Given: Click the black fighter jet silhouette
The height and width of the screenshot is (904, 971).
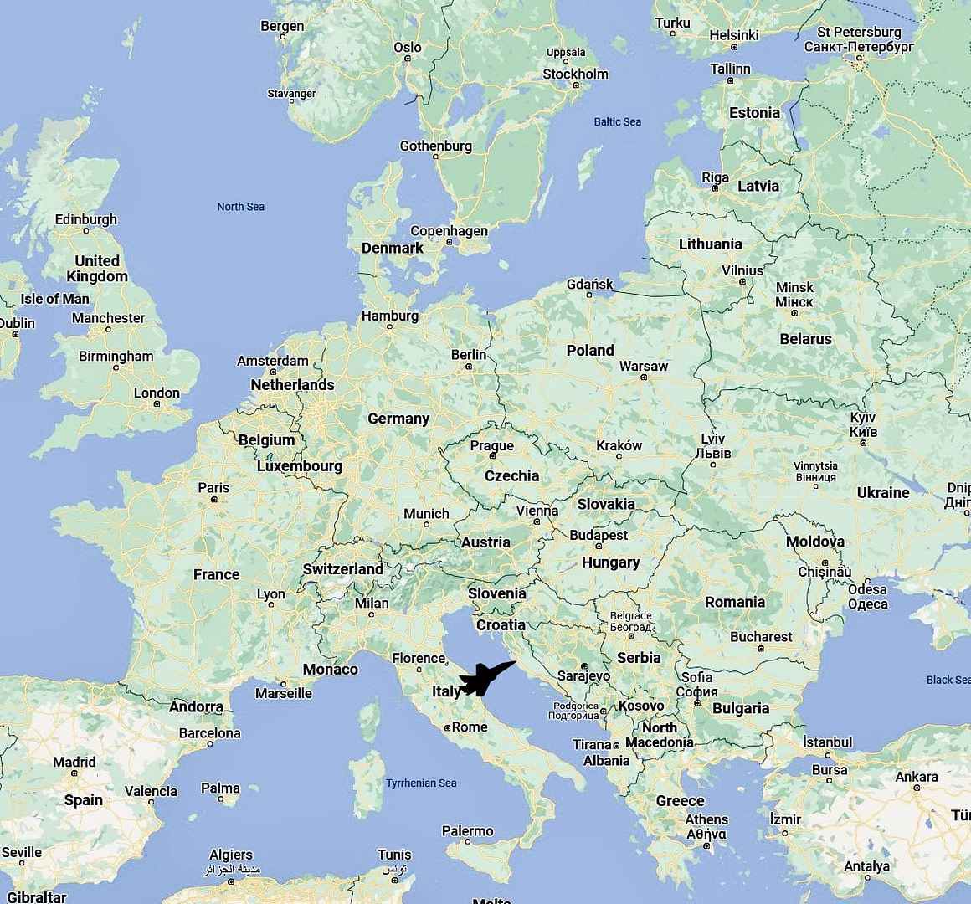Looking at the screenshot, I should click(485, 679).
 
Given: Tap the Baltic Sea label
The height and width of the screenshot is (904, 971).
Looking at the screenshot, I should click(617, 121).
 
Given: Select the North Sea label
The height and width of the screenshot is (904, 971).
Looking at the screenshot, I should click(240, 207).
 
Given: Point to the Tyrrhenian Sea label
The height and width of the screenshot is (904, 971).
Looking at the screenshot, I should click(421, 783).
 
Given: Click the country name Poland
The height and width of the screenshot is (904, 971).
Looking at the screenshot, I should click(590, 351).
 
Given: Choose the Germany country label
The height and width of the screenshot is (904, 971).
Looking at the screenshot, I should click(398, 419).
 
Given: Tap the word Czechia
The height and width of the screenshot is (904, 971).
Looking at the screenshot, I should click(511, 475).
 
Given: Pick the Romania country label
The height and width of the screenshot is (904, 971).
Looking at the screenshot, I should click(734, 602).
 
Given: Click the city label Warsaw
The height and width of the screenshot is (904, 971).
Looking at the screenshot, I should click(643, 367).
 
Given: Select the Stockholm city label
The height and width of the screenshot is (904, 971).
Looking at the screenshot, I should click(575, 74).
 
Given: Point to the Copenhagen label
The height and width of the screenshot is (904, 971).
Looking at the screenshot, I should click(449, 231).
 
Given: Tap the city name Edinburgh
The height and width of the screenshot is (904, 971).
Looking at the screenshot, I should click(85, 219).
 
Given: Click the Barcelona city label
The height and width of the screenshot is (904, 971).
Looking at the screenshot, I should click(209, 733).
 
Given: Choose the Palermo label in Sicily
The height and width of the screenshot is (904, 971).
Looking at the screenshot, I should click(467, 831).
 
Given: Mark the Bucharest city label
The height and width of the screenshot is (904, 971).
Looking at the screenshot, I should click(760, 637).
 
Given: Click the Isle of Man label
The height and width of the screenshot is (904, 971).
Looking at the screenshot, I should click(54, 299).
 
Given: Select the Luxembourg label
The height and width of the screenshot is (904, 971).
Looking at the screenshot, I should click(299, 466).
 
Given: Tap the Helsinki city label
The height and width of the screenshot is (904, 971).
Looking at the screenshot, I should click(733, 35).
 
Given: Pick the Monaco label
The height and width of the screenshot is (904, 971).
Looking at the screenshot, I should click(330, 670).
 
